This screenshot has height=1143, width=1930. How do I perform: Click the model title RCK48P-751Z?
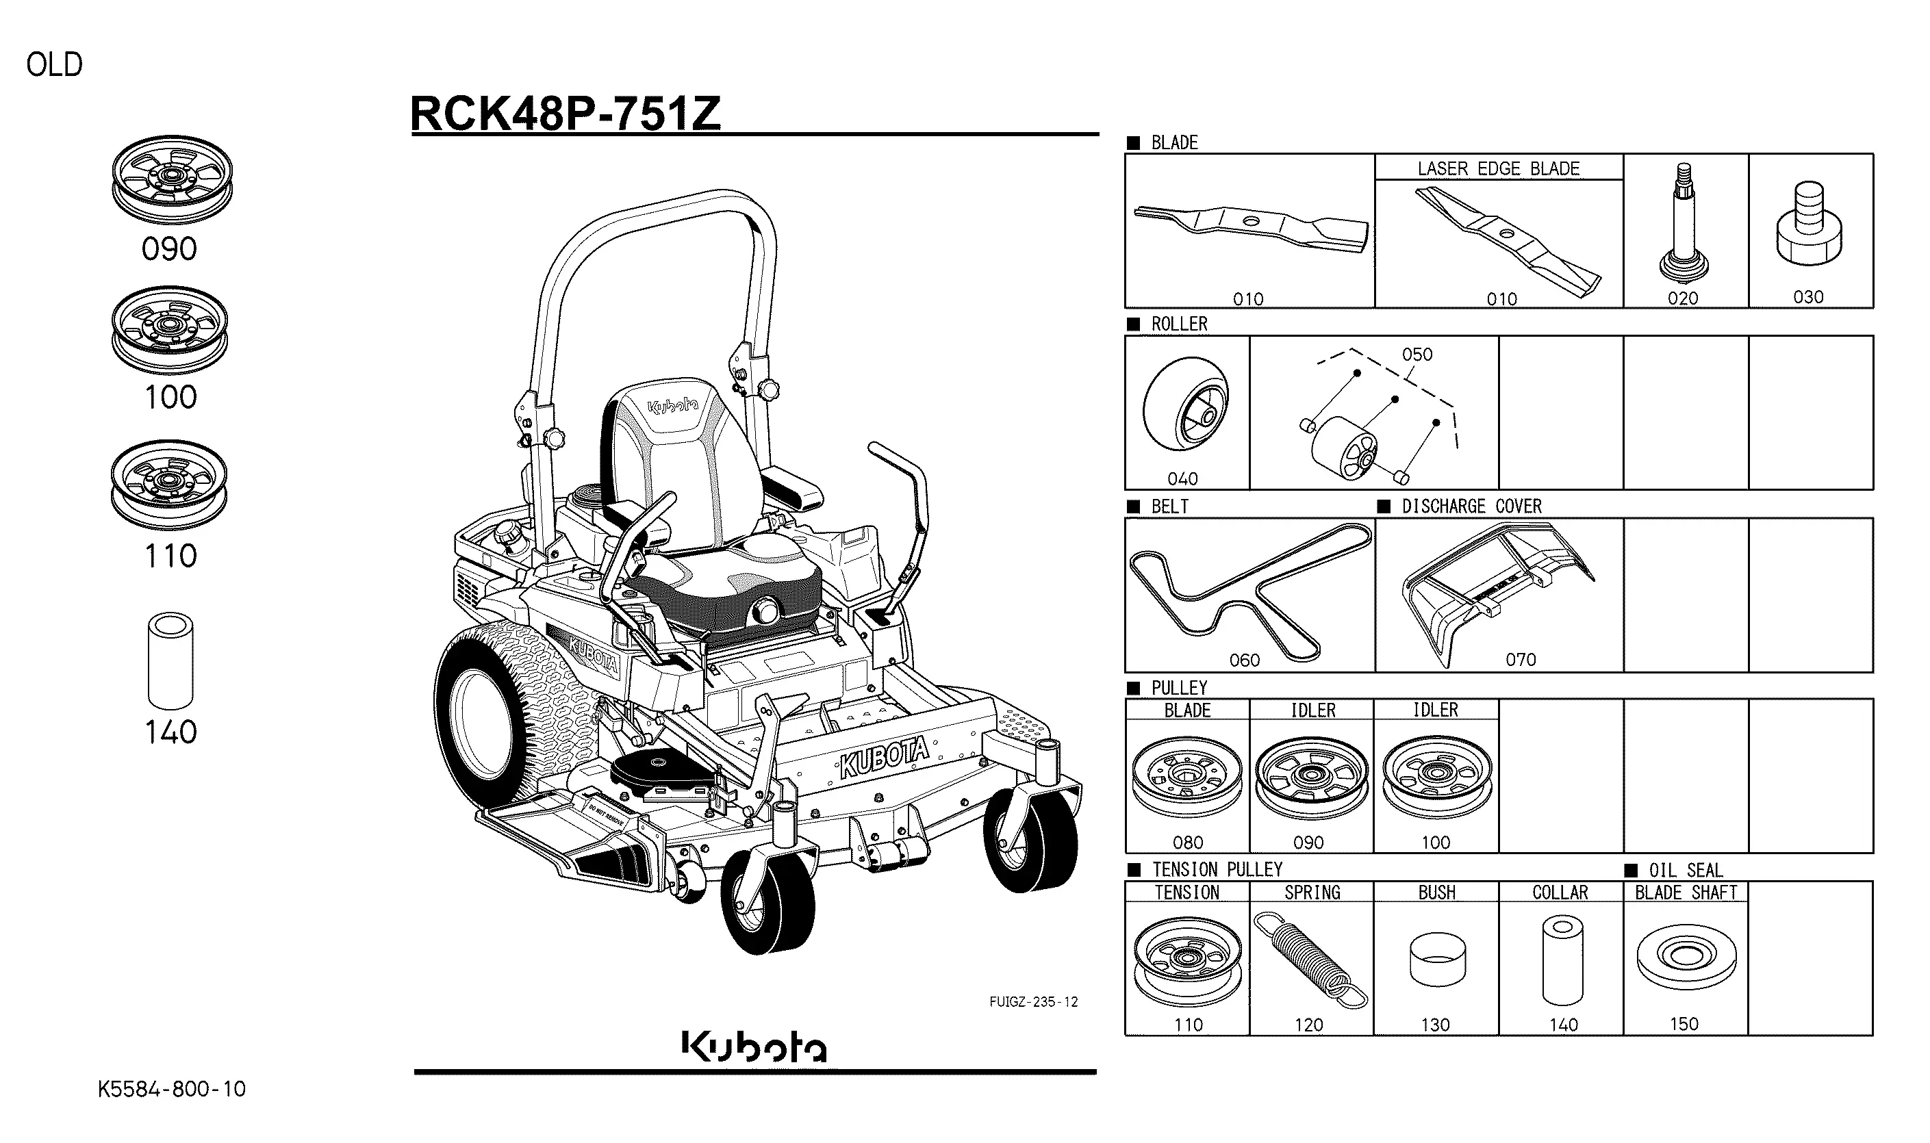[565, 114]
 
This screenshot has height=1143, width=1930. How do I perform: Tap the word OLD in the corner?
[54, 65]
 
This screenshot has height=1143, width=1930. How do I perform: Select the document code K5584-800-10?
[171, 1089]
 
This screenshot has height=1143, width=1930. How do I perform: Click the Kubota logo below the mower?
[754, 1046]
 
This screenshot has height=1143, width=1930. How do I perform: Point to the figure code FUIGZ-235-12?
[1033, 1002]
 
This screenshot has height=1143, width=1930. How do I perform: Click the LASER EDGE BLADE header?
[1498, 168]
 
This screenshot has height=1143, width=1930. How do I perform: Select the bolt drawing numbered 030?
[1808, 225]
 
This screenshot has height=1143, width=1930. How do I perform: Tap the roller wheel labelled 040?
[1185, 413]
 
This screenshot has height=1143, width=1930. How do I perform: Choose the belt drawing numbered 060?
[1248, 589]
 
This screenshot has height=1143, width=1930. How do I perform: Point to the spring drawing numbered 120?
[1310, 959]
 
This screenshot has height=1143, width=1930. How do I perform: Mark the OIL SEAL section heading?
[1684, 870]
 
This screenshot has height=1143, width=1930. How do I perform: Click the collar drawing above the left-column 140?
[170, 661]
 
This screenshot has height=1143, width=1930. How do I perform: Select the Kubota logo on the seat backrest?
[672, 407]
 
